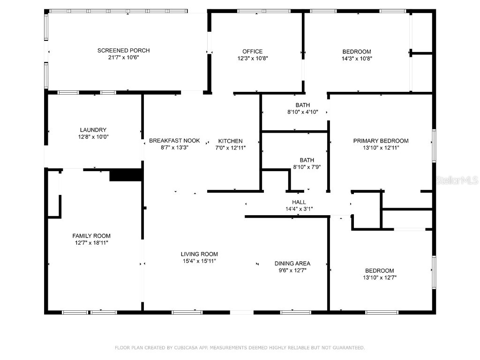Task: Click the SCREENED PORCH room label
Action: [x=123, y=51]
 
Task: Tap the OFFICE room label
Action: [x=252, y=52]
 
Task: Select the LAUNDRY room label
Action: [x=93, y=130]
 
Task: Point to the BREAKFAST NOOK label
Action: [x=174, y=141]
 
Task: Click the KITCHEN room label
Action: [x=230, y=141]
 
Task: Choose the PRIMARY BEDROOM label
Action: [x=381, y=141]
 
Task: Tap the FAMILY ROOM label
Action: [x=91, y=236]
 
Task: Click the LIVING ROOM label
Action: [x=200, y=254]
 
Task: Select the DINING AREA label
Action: [x=292, y=263]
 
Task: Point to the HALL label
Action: [x=299, y=202]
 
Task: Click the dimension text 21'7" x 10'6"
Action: [x=123, y=58]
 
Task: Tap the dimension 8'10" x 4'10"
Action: [x=302, y=112]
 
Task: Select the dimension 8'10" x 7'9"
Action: [x=307, y=166]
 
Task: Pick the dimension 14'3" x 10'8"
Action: [x=356, y=59]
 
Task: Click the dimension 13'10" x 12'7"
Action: [x=380, y=277]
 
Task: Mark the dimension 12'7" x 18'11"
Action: [x=91, y=243]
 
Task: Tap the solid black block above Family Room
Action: [x=125, y=175]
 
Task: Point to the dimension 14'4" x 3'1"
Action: [x=299, y=209]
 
